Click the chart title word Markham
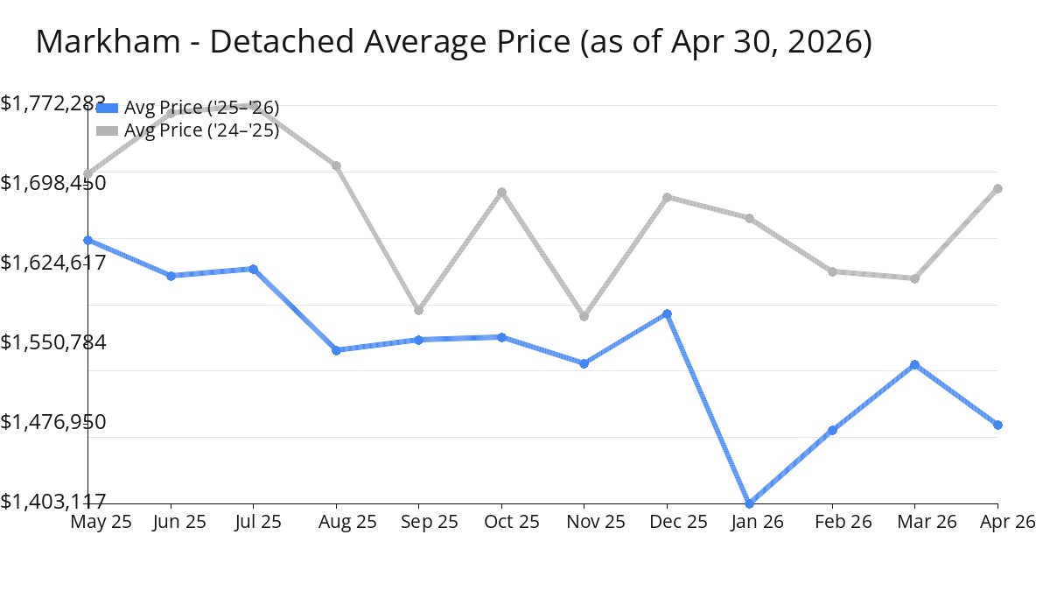tap(108, 41)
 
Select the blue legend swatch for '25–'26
tap(107, 108)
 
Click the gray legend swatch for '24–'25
tap(107, 130)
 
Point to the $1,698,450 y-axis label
tap(53, 182)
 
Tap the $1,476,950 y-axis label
tap(53, 422)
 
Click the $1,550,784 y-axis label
tap(53, 342)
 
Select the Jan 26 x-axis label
tap(757, 522)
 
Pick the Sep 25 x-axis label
tap(430, 522)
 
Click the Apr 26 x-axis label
tap(1008, 522)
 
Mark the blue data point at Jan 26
tap(749, 503)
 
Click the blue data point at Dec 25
tap(667, 313)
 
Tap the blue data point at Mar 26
tap(914, 364)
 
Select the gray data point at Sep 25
tap(418, 310)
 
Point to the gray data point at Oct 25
tap(501, 192)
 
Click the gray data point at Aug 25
tap(336, 165)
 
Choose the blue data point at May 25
tap(88, 240)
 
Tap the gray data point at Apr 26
tap(998, 188)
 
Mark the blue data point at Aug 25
tap(336, 350)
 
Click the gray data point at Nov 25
tap(584, 317)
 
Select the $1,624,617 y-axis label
tap(53, 262)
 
